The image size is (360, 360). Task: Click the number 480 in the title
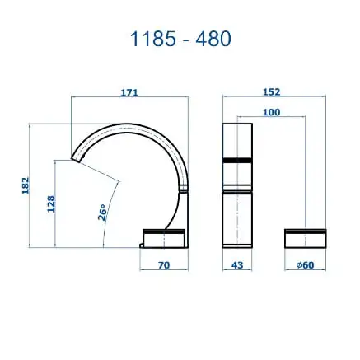(x=213, y=39)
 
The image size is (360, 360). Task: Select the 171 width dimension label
(x=129, y=93)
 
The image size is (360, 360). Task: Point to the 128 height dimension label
(x=51, y=203)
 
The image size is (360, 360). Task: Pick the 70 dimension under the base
(x=164, y=265)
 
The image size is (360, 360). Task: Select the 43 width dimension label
(x=237, y=265)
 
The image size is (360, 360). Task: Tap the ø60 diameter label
(x=304, y=265)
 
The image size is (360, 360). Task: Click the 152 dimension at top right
(x=274, y=93)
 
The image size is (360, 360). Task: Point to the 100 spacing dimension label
(x=272, y=112)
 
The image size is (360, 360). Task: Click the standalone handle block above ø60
(x=304, y=237)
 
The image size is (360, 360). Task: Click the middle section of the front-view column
(x=237, y=172)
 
